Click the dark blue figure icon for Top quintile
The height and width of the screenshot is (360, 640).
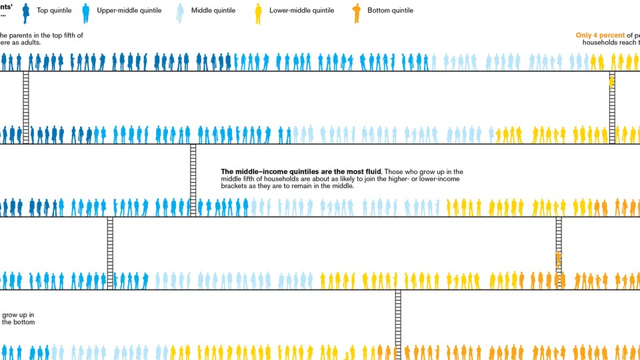(x=26, y=11)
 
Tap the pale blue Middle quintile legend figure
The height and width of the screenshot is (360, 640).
(x=180, y=11)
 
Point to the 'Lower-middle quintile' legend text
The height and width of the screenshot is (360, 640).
(x=301, y=11)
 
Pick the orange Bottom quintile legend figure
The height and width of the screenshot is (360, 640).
(x=357, y=11)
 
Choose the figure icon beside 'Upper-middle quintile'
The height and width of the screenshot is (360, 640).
(x=85, y=11)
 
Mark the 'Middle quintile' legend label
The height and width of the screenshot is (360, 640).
(x=213, y=11)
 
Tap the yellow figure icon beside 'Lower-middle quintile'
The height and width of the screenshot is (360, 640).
(x=258, y=11)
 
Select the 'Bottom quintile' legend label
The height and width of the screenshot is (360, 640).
(x=390, y=11)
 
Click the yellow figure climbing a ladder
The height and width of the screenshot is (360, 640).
(x=611, y=82)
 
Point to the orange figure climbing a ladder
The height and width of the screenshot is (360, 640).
(x=559, y=259)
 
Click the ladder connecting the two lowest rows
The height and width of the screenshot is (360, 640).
(x=398, y=324)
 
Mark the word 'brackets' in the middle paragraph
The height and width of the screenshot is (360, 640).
(x=234, y=186)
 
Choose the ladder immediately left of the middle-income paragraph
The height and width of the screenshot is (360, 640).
(x=193, y=180)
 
